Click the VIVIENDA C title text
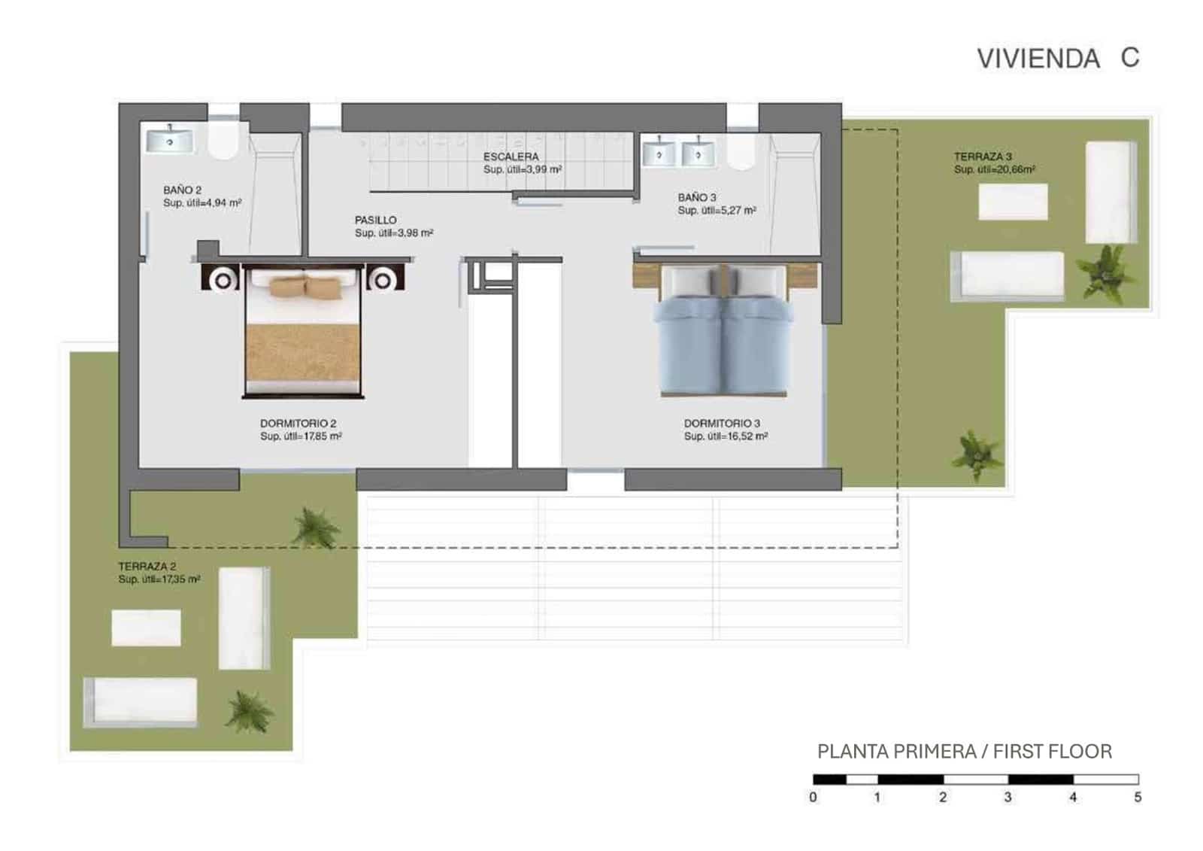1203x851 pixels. coord(1057,58)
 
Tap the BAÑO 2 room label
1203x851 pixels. coord(182,190)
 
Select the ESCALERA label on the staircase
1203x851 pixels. coord(511,157)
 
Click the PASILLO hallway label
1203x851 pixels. coord(375,220)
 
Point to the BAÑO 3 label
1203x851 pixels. coord(697,197)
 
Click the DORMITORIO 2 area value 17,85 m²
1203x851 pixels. coord(301,436)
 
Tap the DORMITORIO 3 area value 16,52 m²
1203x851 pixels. coord(726,436)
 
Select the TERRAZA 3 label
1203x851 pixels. coord(983,157)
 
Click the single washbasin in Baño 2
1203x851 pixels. coord(170,140)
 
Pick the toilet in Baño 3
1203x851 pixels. coord(741,151)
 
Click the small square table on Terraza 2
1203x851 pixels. coord(146,628)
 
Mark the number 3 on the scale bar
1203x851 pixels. coord(1008,797)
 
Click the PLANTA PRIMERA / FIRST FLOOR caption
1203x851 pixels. coord(964,751)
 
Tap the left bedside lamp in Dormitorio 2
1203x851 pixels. coord(223,281)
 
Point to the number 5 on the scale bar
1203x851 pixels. coord(1137,797)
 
